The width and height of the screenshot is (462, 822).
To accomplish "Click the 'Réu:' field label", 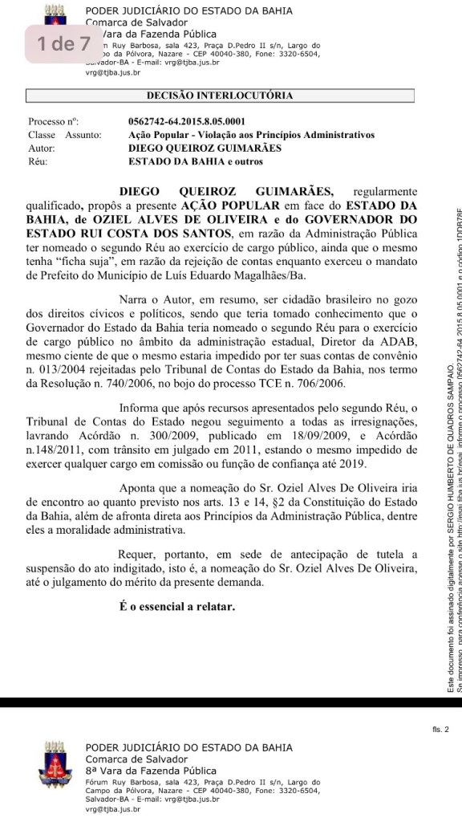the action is [x=37, y=161].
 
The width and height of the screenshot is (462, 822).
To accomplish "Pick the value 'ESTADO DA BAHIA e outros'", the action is [x=191, y=161].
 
